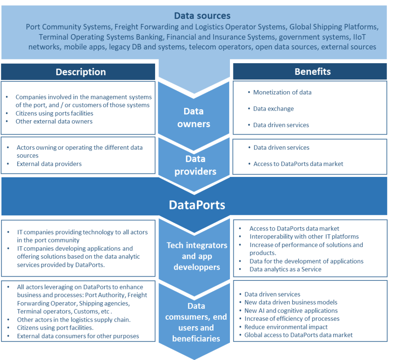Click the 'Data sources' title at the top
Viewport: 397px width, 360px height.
coord(202,16)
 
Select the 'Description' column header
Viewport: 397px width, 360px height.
coord(81,72)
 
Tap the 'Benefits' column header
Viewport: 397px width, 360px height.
coord(312,71)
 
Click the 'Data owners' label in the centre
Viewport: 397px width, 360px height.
coord(193,118)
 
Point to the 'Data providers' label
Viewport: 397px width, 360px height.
coord(195,165)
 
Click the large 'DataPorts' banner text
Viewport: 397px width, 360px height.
coord(197,204)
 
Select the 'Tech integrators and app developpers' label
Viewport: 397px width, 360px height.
coord(197,256)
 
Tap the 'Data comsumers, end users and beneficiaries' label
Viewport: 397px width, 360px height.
coord(196,322)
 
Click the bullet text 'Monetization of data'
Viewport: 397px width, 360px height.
coord(282,92)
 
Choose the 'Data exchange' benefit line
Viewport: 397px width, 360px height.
coord(273,109)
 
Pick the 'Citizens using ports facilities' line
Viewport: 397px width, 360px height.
coord(54,113)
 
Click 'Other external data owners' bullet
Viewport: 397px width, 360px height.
coord(54,121)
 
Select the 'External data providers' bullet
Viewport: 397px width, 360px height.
coord(49,164)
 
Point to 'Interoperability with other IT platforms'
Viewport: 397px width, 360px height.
coord(304,237)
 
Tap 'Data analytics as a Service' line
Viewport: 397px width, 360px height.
coord(285,269)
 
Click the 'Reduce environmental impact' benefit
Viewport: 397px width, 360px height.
coord(286,327)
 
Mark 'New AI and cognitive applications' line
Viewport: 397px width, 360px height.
coord(291,310)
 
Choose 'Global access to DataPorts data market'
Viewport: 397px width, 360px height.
coord(299,335)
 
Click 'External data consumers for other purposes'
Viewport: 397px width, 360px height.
coord(78,336)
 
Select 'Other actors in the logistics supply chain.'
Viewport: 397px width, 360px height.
coord(74,320)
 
